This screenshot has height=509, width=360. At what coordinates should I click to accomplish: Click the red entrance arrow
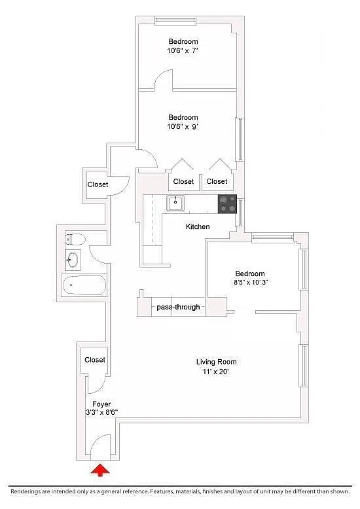[x=100, y=470]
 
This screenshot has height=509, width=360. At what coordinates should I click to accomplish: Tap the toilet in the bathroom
[x=75, y=239]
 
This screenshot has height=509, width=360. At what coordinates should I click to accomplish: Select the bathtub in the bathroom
[x=84, y=285]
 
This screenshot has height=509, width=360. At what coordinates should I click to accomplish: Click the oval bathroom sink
[x=73, y=260]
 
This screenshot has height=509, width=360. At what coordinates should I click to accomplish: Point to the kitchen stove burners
[x=227, y=204]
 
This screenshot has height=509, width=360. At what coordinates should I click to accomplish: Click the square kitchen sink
[x=175, y=203]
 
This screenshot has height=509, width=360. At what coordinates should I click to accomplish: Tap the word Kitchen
[x=198, y=226]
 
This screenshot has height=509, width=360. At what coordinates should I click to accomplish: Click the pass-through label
[x=179, y=307]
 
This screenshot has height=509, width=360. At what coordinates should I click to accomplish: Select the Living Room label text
[x=217, y=362]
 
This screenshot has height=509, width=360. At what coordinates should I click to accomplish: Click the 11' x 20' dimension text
[x=216, y=372]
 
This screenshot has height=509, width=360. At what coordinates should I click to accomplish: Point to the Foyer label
[x=101, y=404]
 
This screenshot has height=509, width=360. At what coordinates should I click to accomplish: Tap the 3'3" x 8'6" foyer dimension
[x=101, y=412]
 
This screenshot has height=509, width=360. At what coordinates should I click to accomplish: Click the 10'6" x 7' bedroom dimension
[x=183, y=50]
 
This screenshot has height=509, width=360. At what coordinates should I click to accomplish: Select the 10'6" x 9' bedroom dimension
[x=183, y=127]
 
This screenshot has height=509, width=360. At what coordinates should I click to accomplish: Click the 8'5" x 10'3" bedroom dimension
[x=251, y=283]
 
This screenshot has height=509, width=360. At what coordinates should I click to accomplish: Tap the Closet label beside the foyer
[x=95, y=360]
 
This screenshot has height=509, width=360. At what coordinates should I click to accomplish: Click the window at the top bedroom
[x=175, y=21]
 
